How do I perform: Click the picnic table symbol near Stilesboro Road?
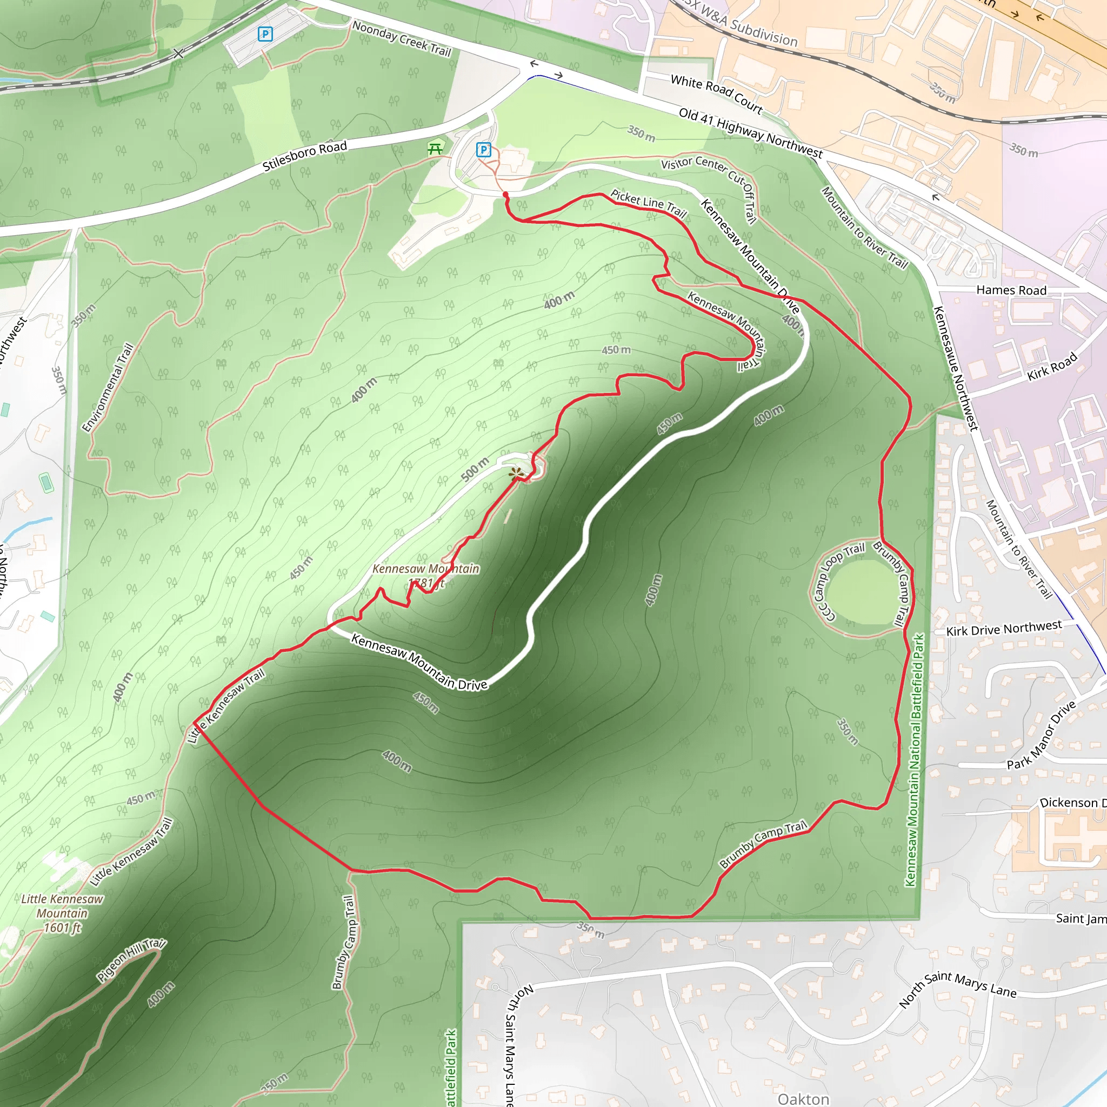(x=435, y=149)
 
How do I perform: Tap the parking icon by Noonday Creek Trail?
(x=265, y=35)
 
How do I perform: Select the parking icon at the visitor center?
(x=484, y=150)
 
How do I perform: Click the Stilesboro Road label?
(x=305, y=156)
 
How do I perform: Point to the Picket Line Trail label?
(x=648, y=203)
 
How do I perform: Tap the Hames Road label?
(x=1011, y=290)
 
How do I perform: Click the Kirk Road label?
(x=1052, y=366)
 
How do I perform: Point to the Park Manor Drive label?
(x=1042, y=735)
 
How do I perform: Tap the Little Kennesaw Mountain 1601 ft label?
(x=62, y=913)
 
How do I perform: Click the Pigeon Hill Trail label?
(x=131, y=960)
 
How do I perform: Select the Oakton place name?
(x=803, y=1098)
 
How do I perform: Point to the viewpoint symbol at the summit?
(x=517, y=474)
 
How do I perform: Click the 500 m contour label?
(x=475, y=469)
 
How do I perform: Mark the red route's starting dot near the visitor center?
(x=505, y=195)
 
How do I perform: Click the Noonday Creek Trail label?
(x=402, y=38)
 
